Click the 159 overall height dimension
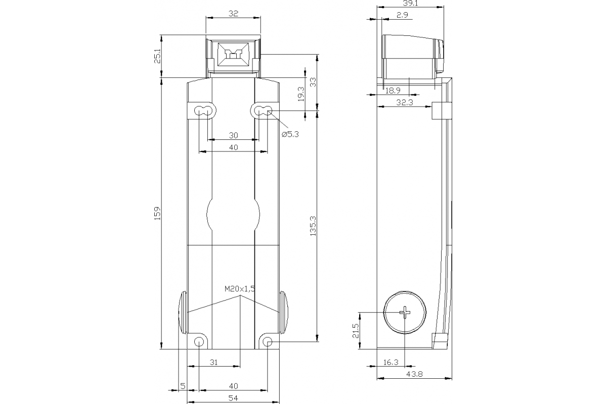pos(157,213)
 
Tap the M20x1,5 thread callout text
pos(240,289)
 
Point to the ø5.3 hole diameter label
pos(290,134)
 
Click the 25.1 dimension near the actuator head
pos(157,56)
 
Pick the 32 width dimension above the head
pos(233,14)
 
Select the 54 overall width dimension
pos(233,398)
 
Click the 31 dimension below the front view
pos(213,362)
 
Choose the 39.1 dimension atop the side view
pos(411,3)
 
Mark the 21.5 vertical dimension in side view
pos(355,331)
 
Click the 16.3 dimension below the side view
pos(391,362)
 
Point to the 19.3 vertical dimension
pos(301,93)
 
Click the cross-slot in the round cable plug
pos(405,313)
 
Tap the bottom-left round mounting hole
pos(199,342)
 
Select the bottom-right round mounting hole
pos(267,342)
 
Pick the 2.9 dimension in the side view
pos(402,15)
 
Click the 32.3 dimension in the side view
pos(405,103)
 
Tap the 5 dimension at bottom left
pos(183,386)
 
